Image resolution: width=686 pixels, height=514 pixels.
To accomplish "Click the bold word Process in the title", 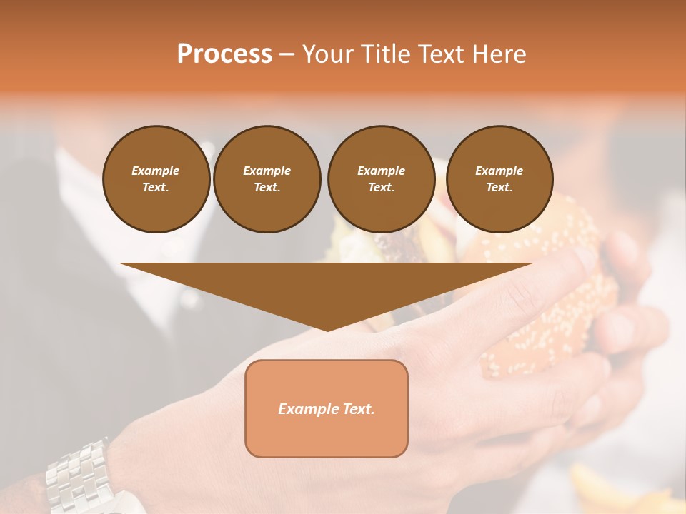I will [224, 54].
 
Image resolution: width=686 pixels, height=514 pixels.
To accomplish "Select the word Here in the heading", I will [499, 54].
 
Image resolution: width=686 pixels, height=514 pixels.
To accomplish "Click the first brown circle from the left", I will [156, 178].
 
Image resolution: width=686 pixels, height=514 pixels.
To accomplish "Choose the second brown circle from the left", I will [267, 178].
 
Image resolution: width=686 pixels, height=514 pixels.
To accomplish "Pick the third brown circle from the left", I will [381, 178].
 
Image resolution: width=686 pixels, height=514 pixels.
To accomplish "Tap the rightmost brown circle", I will [499, 178].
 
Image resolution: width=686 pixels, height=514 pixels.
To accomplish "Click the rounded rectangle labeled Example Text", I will [327, 408].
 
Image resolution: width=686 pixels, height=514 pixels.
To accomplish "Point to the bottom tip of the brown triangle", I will [327, 330].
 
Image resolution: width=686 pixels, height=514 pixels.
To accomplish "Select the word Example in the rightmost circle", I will [499, 171].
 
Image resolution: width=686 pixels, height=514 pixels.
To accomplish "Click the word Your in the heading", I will [327, 54].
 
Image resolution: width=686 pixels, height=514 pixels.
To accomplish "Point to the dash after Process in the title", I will [287, 54].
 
